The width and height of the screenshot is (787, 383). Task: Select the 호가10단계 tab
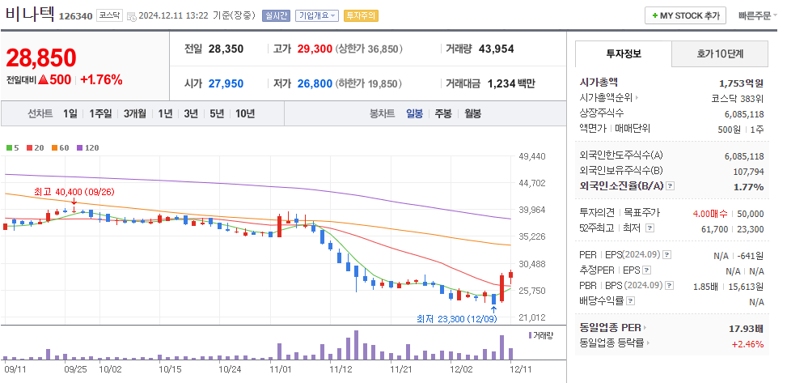[x=720, y=53]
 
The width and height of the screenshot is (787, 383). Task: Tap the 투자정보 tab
[x=623, y=53]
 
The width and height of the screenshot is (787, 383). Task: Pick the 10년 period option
[x=244, y=113]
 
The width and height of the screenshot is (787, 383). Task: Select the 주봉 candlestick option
[x=442, y=113]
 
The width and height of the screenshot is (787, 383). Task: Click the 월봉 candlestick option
[x=472, y=113]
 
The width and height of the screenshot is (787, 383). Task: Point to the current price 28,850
[x=41, y=57]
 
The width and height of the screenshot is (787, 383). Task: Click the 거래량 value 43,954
[x=496, y=49]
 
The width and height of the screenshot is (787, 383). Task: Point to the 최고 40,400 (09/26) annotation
[x=74, y=192]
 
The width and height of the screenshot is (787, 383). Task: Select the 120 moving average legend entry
[x=88, y=147]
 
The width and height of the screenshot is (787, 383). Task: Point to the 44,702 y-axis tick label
[x=531, y=183]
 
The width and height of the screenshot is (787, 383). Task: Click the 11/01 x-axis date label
[x=280, y=368]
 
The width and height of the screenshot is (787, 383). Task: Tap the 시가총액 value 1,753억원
[x=741, y=83]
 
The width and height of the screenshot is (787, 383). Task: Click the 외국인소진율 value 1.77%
[x=748, y=186]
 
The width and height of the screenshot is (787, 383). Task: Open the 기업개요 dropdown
[x=316, y=15]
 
